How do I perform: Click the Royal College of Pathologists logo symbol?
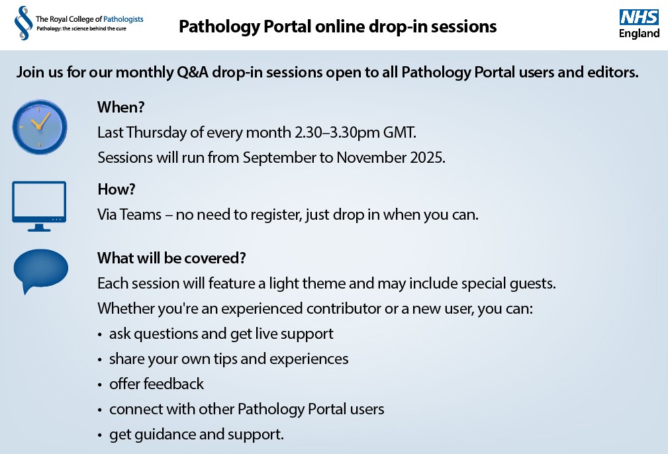(x=23, y=23)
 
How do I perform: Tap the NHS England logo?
(x=639, y=24)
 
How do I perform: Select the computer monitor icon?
(x=39, y=206)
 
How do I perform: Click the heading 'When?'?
(x=121, y=107)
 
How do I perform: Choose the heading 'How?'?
(x=117, y=189)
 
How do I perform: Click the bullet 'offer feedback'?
(x=156, y=384)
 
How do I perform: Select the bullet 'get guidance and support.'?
(x=197, y=435)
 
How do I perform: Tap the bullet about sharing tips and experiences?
(x=228, y=359)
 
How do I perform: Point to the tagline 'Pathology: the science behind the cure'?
(x=80, y=29)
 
